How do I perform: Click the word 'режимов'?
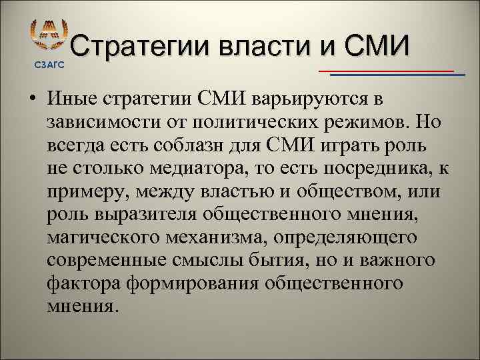click(x=384, y=123)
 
